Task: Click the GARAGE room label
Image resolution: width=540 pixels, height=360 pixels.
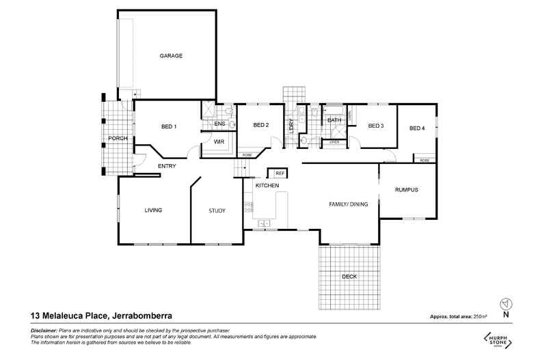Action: (x=171, y=55)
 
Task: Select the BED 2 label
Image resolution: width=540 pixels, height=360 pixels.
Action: (x=260, y=125)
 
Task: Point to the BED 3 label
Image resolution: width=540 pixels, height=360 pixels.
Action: (x=376, y=126)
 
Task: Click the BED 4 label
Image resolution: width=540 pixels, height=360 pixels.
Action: (x=417, y=128)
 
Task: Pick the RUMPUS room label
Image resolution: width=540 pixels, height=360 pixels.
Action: (x=407, y=189)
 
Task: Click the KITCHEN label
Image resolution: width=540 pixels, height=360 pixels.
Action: (x=267, y=186)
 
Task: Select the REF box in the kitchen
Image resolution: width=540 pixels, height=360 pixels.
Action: (x=280, y=174)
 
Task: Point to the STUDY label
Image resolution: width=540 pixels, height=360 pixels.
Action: (x=217, y=210)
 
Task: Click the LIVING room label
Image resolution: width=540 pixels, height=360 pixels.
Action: (x=153, y=210)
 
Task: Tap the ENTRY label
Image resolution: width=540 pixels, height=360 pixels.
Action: (x=167, y=166)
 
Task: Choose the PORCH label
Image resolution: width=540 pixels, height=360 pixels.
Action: (x=118, y=139)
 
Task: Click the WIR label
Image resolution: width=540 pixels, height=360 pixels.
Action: (x=219, y=141)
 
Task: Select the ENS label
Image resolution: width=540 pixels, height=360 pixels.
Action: (x=219, y=124)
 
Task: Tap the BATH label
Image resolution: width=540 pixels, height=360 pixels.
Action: (x=334, y=121)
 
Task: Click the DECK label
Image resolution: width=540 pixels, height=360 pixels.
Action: (x=349, y=276)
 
